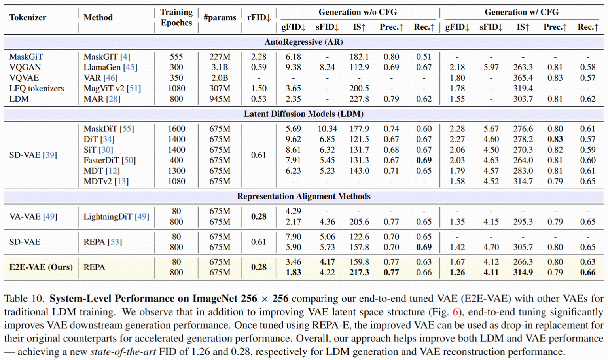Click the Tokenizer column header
coord(28,17)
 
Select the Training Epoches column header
coord(176,17)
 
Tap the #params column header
coord(220,17)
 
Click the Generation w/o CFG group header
coord(358,12)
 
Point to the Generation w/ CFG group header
coord(521,12)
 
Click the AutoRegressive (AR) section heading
coord(303,42)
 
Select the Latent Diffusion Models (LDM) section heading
coord(303,114)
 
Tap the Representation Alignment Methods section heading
coord(303,196)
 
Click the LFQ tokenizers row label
coord(36,88)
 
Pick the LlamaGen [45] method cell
coord(110,67)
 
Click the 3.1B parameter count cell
coord(220,67)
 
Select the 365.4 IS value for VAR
coord(523,78)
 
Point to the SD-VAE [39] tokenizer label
coord(33,155)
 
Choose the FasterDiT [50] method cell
coord(110,160)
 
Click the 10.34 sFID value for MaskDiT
coord(327,129)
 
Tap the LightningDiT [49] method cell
coord(116,217)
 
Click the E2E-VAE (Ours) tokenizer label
coord(41,267)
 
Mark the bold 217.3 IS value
coord(359,273)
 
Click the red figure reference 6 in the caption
coord(455,312)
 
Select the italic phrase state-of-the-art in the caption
coord(123,352)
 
